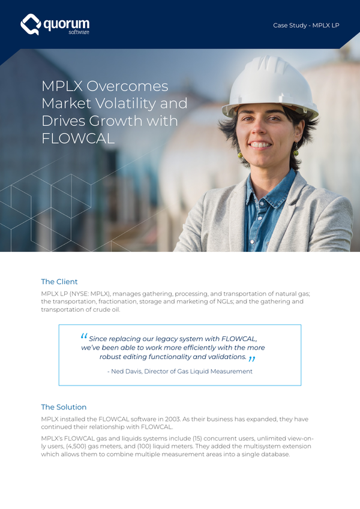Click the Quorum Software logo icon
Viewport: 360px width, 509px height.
pyautogui.click(x=31, y=25)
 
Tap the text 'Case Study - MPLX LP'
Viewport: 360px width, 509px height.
pyautogui.click(x=305, y=25)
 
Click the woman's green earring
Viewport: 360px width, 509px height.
pyautogui.click(x=239, y=155)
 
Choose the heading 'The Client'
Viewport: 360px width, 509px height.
pyautogui.click(x=59, y=281)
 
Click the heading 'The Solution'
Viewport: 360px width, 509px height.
pyautogui.click(x=64, y=406)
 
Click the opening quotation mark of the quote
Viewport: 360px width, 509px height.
pyautogui.click(x=83, y=337)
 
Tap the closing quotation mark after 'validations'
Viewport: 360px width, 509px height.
pyautogui.click(x=252, y=359)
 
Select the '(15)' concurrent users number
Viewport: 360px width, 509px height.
pyautogui.click(x=187, y=439)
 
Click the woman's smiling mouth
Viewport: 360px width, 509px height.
pyautogui.click(x=260, y=145)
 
